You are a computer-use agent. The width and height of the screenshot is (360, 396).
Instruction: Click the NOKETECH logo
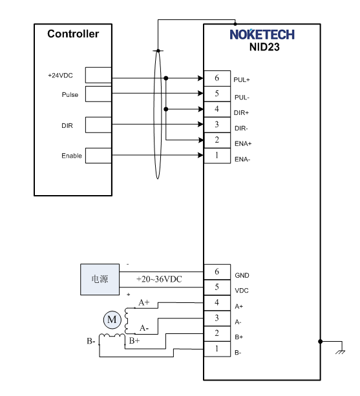pos(262,34)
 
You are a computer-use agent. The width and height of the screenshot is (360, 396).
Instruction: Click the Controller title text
pos(73,34)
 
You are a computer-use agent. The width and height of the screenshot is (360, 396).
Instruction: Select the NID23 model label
pos(264,47)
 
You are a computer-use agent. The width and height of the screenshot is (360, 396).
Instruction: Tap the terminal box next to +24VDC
pos(98,75)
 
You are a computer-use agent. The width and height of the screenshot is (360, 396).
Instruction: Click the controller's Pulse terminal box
pos(98,94)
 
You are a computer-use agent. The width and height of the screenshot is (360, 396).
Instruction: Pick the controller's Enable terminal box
pos(98,155)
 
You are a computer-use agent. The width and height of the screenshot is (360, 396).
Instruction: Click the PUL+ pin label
pos(242,80)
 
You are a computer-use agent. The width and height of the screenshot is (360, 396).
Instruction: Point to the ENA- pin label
pos(242,160)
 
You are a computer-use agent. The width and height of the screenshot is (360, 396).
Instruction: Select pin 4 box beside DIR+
pos(217,109)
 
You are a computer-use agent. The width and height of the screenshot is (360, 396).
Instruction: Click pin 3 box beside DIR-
pos(217,125)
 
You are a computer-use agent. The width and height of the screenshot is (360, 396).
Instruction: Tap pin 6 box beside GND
pos(217,272)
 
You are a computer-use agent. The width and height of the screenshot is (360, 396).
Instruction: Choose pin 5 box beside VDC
pos(217,287)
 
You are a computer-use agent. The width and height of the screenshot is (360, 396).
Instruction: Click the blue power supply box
pos(100,279)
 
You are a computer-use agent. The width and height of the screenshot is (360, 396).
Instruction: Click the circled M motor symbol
pos(112,320)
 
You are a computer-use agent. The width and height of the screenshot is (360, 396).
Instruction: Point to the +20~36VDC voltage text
pos(159,279)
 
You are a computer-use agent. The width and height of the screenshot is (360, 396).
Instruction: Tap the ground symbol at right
pos(341,351)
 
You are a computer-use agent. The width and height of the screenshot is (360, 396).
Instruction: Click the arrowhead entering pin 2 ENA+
pos(201,140)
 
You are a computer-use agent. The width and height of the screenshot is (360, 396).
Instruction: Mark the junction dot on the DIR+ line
pos(166,109)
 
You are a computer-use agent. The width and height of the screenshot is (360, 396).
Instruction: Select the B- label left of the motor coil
pos(91,341)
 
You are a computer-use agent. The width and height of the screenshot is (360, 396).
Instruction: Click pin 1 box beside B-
pos(217,349)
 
